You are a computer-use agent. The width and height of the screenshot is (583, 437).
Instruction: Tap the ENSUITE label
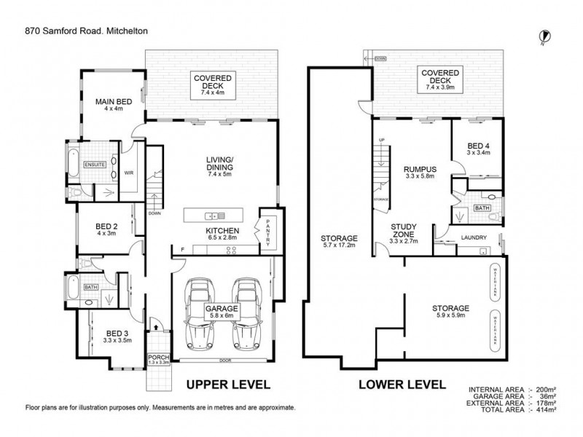click(95, 165)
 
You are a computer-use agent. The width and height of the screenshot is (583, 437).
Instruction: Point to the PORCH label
click(158, 358)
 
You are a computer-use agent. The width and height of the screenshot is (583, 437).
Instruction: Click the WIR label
click(129, 173)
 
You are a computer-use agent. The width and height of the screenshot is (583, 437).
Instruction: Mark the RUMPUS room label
click(420, 172)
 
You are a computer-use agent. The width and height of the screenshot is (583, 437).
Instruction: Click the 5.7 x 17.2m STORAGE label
click(340, 242)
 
